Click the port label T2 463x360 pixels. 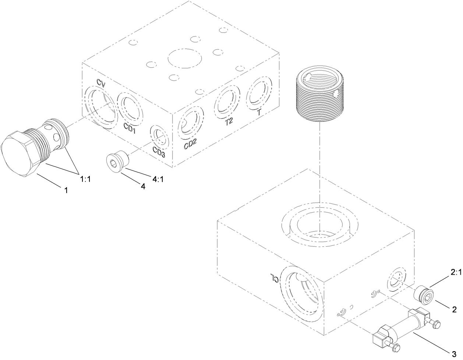229,122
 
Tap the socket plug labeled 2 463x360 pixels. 424,294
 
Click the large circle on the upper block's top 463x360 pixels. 185,59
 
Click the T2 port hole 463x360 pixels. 227,101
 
